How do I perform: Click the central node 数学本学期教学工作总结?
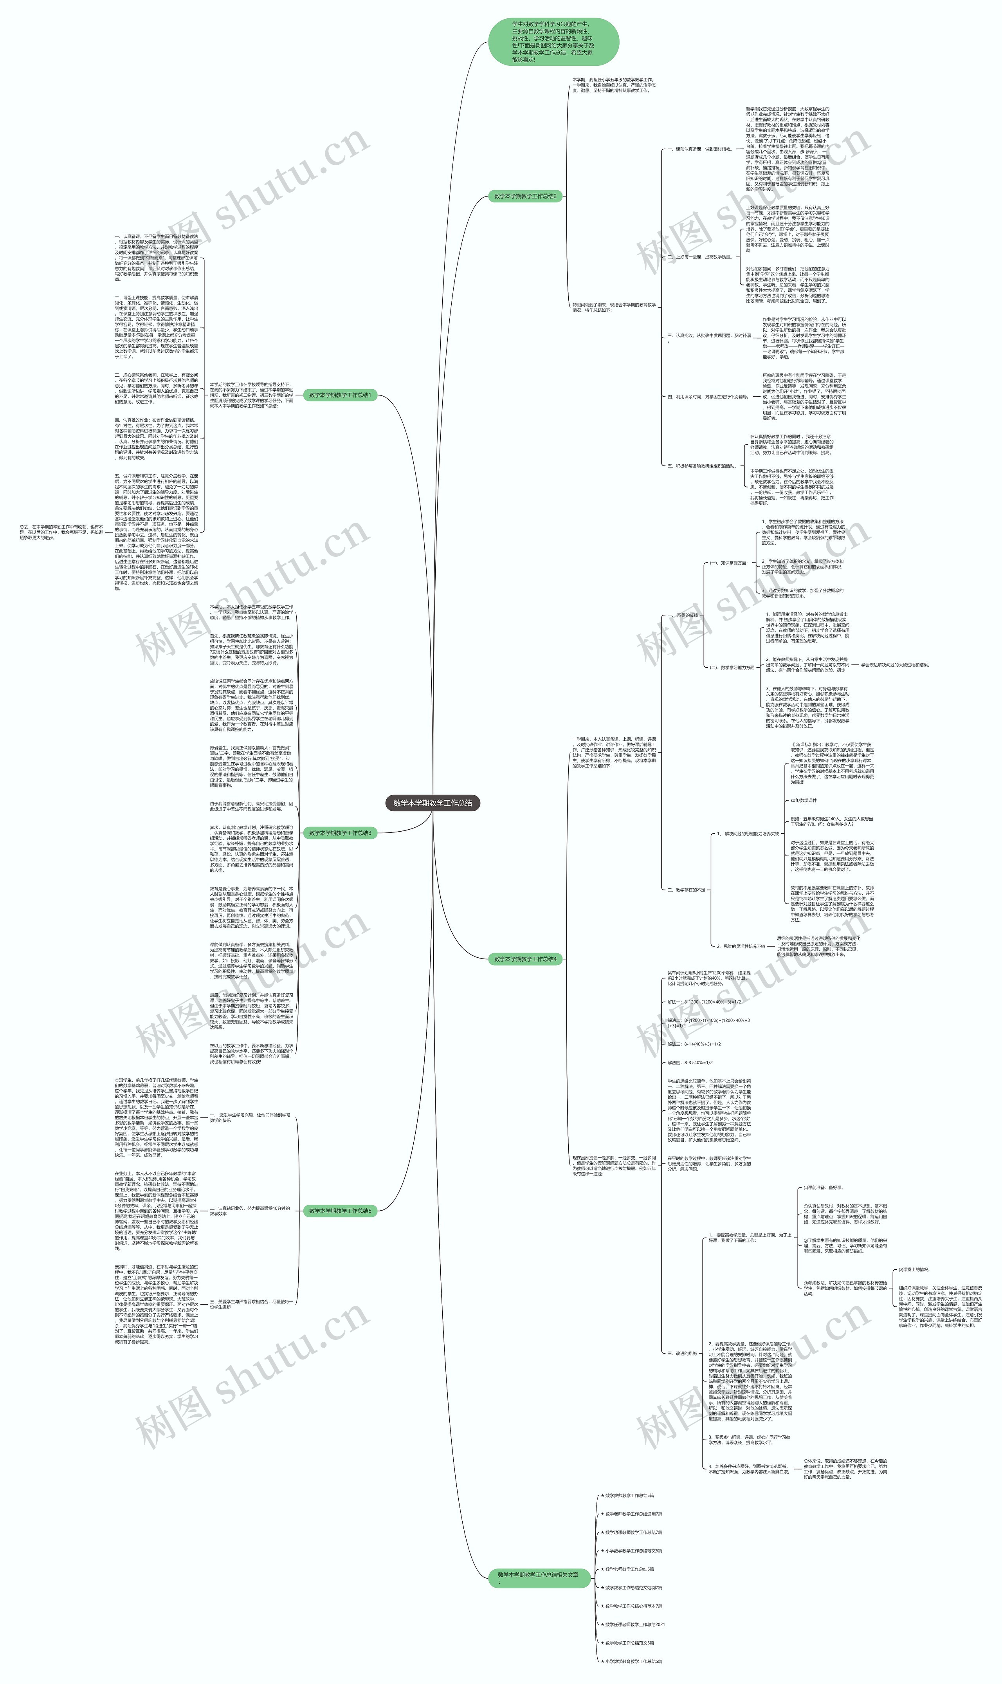pyautogui.click(x=433, y=803)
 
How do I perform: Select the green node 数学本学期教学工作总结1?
pyautogui.click(x=340, y=395)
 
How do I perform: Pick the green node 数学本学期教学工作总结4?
pyautogui.click(x=525, y=959)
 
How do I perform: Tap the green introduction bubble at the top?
pyautogui.click(x=554, y=42)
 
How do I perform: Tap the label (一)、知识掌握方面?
pyautogui.click(x=728, y=563)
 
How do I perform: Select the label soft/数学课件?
pyautogui.click(x=804, y=800)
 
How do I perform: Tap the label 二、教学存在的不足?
pyautogui.click(x=686, y=890)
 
